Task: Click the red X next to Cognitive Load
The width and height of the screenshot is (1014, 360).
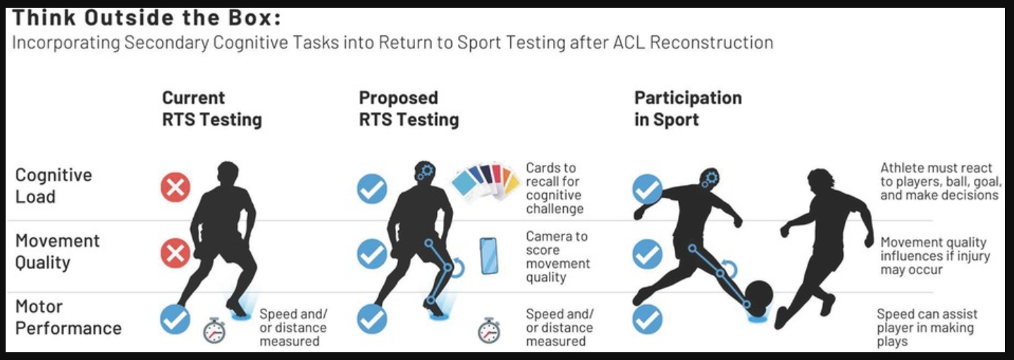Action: click(175, 188)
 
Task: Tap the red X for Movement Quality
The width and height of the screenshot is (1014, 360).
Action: click(175, 254)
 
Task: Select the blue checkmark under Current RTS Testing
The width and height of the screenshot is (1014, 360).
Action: click(175, 319)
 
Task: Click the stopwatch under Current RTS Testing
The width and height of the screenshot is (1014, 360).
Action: click(214, 330)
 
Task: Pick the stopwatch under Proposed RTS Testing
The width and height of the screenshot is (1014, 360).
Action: click(489, 330)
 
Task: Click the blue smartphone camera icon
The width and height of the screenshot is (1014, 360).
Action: click(488, 255)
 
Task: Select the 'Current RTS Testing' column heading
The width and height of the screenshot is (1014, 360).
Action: click(211, 108)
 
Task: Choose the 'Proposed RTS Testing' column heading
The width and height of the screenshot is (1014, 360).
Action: click(409, 108)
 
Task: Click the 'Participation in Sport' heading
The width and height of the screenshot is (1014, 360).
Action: click(688, 108)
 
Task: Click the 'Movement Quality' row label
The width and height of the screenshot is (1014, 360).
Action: click(58, 252)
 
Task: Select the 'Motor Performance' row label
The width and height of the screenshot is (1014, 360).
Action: click(68, 317)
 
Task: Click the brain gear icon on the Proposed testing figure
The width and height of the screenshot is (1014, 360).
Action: click(425, 172)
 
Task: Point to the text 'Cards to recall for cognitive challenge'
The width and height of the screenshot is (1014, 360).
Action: click(555, 188)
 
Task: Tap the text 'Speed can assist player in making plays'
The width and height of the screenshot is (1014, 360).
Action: click(927, 328)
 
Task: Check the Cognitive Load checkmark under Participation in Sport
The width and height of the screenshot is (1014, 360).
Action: click(647, 190)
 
